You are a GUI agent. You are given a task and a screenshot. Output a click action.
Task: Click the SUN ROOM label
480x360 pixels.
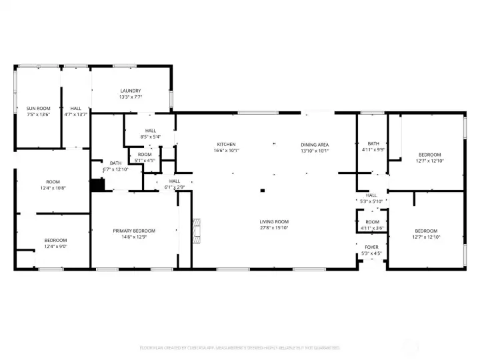click(x=38, y=108)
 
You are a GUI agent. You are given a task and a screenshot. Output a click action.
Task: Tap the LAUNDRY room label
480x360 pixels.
click(x=130, y=91)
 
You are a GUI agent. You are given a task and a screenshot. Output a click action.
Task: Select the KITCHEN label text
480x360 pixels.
click(x=226, y=145)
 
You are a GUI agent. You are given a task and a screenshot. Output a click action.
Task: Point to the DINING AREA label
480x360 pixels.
click(x=315, y=145)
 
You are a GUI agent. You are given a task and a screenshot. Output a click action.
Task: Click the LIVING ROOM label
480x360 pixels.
click(x=274, y=222)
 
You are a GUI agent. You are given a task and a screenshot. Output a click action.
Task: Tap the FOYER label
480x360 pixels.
click(x=372, y=247)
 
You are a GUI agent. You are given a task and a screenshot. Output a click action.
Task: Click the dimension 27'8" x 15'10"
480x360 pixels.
click(x=274, y=228)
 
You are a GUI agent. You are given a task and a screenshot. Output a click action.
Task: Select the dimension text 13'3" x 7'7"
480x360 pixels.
click(x=130, y=97)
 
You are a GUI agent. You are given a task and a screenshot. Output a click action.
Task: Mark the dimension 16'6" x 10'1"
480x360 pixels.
click(x=226, y=151)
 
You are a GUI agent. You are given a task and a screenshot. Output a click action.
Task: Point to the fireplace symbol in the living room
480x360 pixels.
click(x=195, y=230)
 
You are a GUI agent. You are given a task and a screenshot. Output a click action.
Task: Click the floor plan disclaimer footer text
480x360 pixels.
click(x=239, y=347)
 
